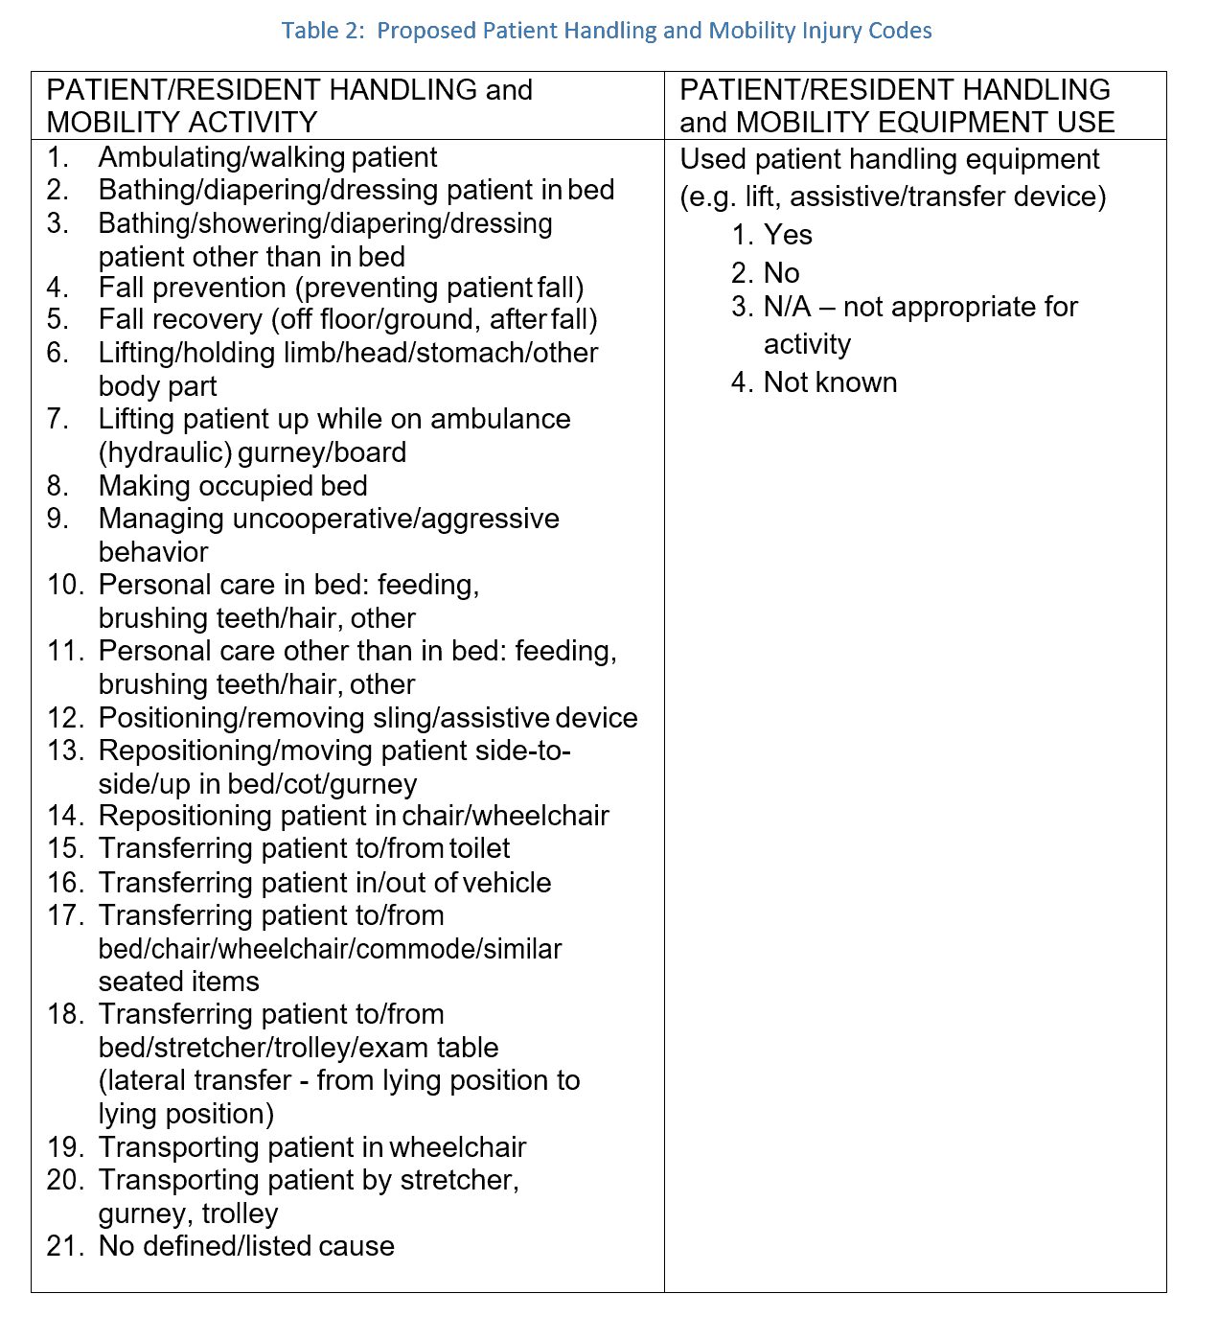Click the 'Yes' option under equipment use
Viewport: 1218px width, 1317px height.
point(788,235)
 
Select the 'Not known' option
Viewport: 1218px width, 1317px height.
point(830,382)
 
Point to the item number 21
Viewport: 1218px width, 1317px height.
point(66,1246)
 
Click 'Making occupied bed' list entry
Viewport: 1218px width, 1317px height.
point(233,486)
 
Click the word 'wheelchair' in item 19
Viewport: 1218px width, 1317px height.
point(457,1147)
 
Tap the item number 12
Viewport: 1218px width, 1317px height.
point(66,718)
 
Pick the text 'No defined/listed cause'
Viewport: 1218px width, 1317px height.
point(246,1246)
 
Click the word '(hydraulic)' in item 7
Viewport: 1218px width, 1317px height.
point(164,452)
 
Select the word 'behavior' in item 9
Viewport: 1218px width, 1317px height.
point(153,552)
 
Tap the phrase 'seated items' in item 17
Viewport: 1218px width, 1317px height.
point(179,982)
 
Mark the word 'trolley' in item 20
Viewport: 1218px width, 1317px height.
point(240,1213)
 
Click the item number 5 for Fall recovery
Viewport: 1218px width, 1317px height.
point(58,319)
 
